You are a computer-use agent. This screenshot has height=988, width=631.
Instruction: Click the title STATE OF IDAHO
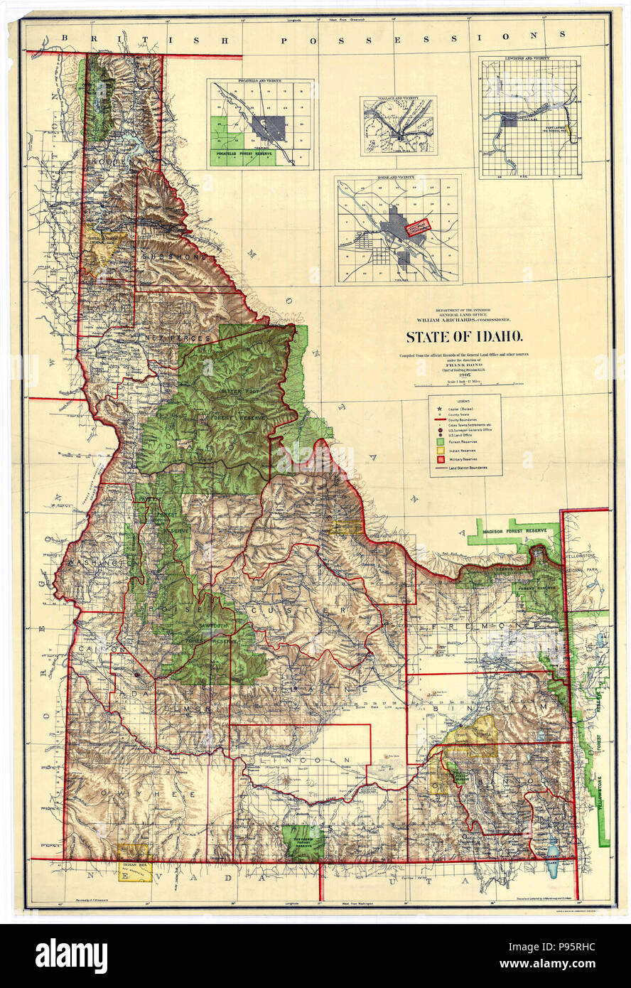click(465, 336)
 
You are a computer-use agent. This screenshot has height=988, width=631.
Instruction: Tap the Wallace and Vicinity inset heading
click(397, 100)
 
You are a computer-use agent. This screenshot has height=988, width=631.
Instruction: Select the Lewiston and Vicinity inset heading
click(529, 60)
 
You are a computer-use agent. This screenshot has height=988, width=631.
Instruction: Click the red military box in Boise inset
click(419, 227)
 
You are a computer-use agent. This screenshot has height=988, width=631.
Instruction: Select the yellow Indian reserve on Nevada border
click(134, 862)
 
